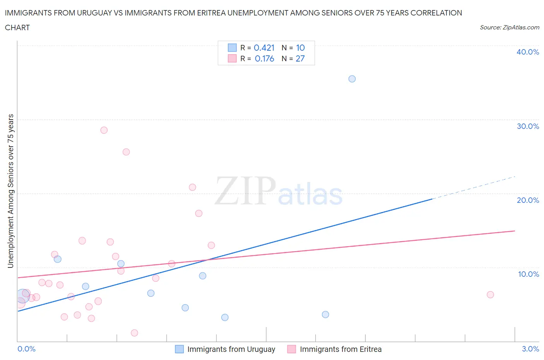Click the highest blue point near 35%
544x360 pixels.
click(x=352, y=79)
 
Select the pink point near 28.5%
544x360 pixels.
click(x=104, y=130)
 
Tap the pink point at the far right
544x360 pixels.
click(x=490, y=295)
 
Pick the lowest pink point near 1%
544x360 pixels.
click(x=135, y=333)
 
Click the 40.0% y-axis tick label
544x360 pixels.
click(x=528, y=52)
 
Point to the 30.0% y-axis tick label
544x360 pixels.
click(x=528, y=126)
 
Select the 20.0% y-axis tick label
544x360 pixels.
click(x=528, y=200)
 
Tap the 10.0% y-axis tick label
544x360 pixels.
click(x=528, y=274)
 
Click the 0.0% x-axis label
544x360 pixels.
click(x=26, y=349)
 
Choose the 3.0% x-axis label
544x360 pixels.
click(x=530, y=349)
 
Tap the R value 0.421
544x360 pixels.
click(x=264, y=48)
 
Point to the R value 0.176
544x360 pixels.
click(x=264, y=58)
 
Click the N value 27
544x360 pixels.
click(x=300, y=58)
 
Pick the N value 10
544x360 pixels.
click(x=300, y=48)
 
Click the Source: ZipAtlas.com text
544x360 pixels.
click(x=509, y=27)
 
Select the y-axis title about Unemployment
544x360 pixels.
click(x=11, y=191)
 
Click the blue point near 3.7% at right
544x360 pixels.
click(x=325, y=314)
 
